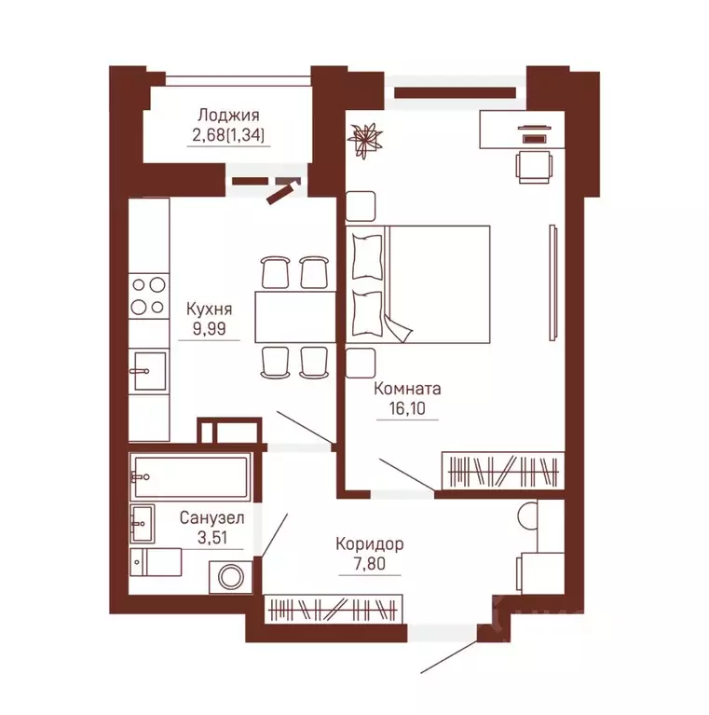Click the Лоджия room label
229,116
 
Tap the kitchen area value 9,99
209,328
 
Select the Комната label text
407,389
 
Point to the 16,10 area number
407,408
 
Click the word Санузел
211,518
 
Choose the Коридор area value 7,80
370,564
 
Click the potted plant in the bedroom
364,139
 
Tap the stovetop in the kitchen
148,296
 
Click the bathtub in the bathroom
190,477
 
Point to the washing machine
231,577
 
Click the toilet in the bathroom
156,562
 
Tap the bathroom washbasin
143,523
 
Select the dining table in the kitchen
295,317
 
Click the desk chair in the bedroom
535,167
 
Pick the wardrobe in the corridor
334,610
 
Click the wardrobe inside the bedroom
503,471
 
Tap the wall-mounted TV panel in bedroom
552,282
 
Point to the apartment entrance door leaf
449,656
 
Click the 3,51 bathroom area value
212,538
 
